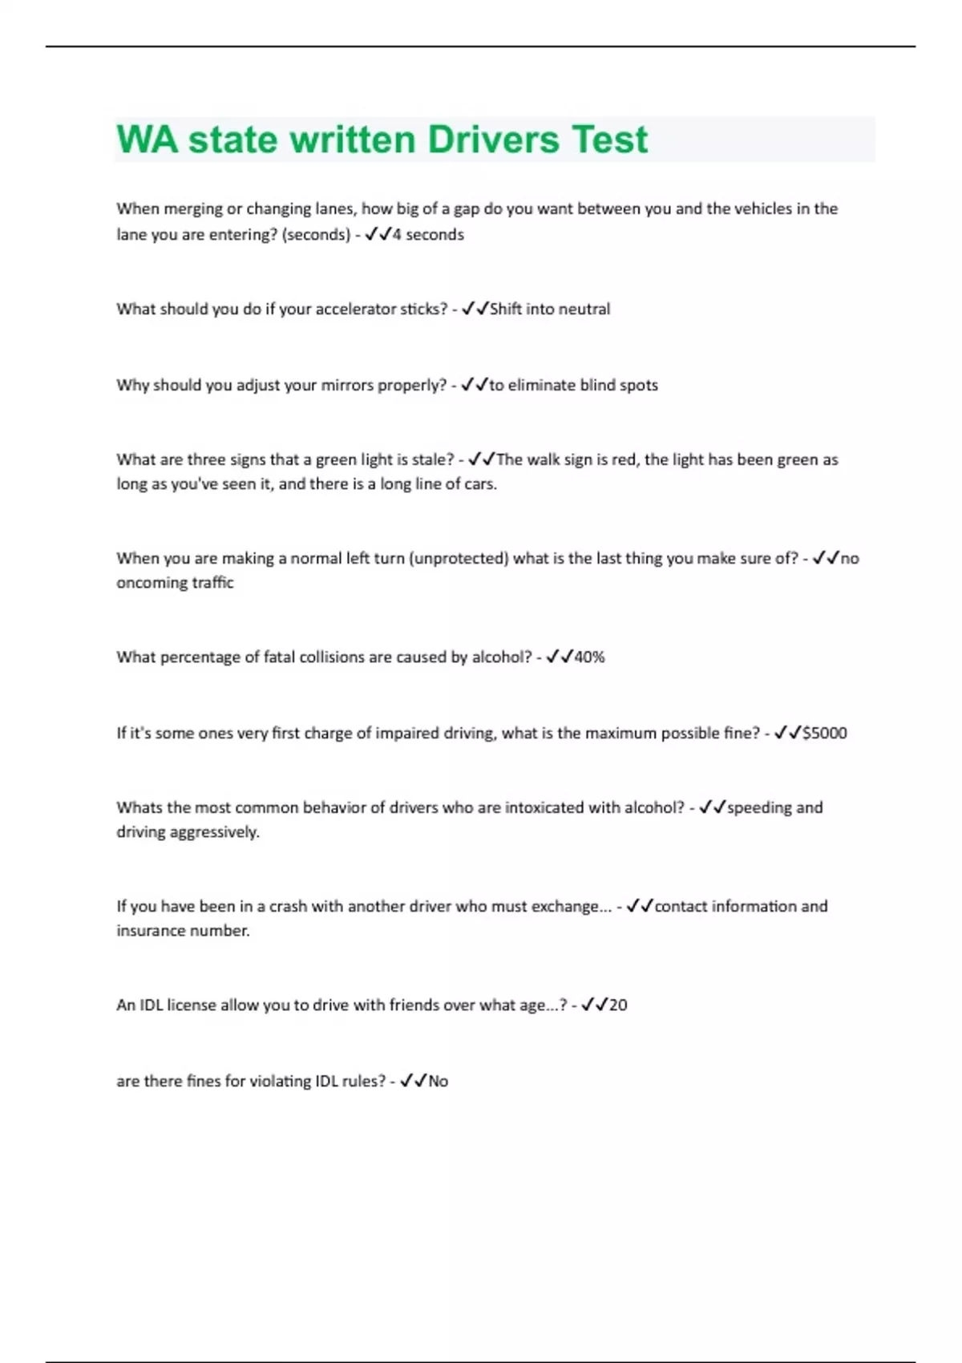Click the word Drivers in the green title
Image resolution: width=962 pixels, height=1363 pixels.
pos(493,140)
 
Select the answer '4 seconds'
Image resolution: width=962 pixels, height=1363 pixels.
pos(428,235)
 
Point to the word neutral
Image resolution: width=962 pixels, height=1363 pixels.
pos(584,309)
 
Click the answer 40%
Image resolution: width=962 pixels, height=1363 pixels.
pos(589,657)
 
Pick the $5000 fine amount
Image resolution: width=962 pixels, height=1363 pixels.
pos(824,734)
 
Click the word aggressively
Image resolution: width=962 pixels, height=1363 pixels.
pos(214,832)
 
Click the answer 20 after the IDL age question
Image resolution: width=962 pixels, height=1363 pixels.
pos(618,1005)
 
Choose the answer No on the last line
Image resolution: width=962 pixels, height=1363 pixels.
pos(439,1082)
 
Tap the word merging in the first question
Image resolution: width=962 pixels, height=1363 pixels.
pos(193,209)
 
